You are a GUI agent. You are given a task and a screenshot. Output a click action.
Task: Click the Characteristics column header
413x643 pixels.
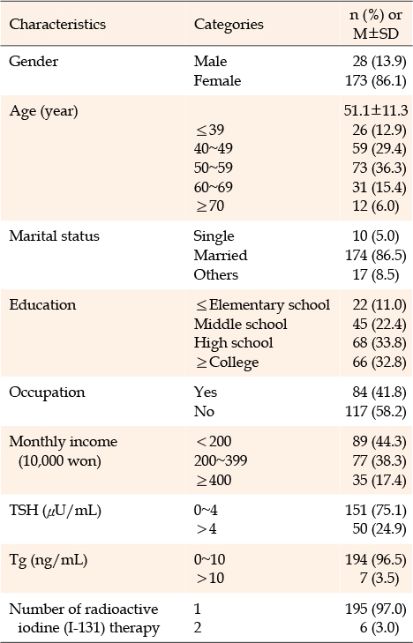[x=57, y=24]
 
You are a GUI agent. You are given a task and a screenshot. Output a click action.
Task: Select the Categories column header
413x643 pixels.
[x=229, y=24]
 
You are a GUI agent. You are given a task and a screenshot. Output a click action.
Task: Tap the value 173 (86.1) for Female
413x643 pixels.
[x=376, y=80]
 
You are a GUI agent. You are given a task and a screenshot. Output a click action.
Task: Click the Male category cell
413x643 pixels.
[x=210, y=61]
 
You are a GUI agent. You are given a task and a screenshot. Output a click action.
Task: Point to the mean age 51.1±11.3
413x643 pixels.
[x=376, y=110]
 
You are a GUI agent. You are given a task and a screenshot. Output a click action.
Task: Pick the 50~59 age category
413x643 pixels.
[x=214, y=168]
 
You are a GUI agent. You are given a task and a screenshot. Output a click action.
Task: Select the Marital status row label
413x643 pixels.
[x=54, y=236]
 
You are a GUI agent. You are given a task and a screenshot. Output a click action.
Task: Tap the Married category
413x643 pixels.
[x=221, y=256]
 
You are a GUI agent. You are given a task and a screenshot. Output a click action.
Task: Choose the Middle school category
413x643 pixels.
[x=240, y=324]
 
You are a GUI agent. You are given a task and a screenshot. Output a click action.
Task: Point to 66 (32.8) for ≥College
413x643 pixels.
[x=379, y=363]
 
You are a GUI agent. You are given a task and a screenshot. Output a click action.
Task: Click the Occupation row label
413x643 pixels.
[x=47, y=392]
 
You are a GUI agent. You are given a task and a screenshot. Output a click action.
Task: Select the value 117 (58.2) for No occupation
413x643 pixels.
[x=376, y=411]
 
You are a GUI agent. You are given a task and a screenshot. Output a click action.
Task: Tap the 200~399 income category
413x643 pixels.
[x=221, y=460]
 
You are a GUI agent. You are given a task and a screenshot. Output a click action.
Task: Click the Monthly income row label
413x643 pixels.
[x=64, y=451]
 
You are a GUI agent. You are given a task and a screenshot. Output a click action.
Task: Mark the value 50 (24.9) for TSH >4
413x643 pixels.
[x=379, y=529]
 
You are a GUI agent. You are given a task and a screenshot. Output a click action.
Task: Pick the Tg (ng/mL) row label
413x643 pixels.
[x=48, y=560]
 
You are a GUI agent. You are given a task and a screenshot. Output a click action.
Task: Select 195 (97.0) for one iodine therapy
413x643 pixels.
[x=376, y=609]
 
